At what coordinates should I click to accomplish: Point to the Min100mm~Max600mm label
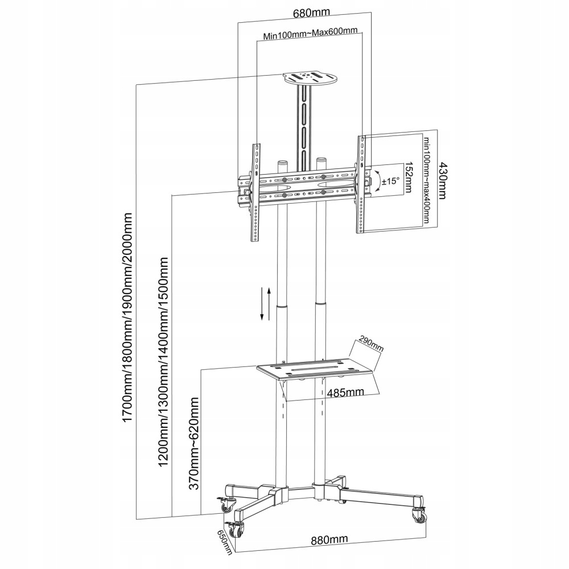[x=310, y=36]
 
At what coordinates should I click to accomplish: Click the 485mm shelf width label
[x=345, y=391]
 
